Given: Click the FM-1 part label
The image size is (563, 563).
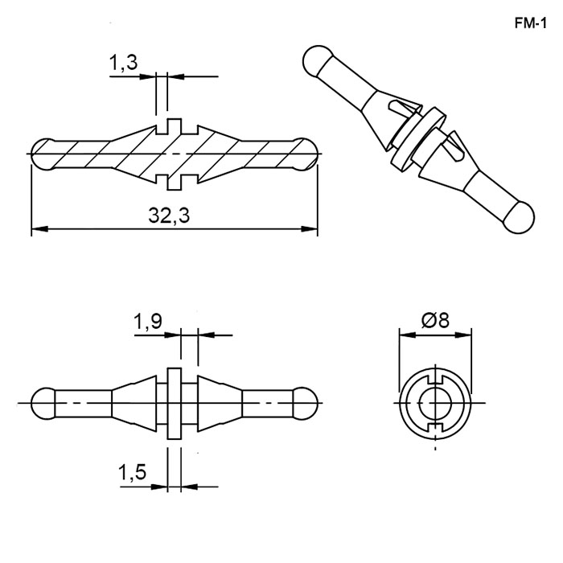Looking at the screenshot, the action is tap(530, 23).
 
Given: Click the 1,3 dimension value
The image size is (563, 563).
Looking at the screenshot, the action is tap(123, 63).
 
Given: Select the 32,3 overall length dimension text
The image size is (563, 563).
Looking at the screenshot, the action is tap(169, 216).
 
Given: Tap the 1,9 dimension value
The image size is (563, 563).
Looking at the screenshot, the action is tap(147, 321).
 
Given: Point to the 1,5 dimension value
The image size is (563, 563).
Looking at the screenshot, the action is tap(132, 472).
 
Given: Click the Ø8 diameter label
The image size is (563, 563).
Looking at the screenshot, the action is tap(435, 320).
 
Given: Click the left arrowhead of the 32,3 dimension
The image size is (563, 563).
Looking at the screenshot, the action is tap(39, 228).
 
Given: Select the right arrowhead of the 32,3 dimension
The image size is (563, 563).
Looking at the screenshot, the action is tap(309, 228).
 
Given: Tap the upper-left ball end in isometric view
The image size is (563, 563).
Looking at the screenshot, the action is tap(317, 60).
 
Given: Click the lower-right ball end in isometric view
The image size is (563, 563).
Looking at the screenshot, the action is tap(520, 218).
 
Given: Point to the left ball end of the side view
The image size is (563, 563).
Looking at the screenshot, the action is tap(43, 403).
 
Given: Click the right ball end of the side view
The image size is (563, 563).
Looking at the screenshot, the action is tap(305, 403).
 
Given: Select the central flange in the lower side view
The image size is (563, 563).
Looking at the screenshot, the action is tap(175, 403).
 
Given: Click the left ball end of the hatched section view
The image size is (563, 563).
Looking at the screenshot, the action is tap(43, 154).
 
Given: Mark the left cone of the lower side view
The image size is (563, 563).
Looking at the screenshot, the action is tap(134, 403).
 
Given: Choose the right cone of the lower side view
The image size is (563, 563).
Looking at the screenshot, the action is tap(220, 403).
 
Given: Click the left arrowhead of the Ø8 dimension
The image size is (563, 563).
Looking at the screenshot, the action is tap(407, 335).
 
